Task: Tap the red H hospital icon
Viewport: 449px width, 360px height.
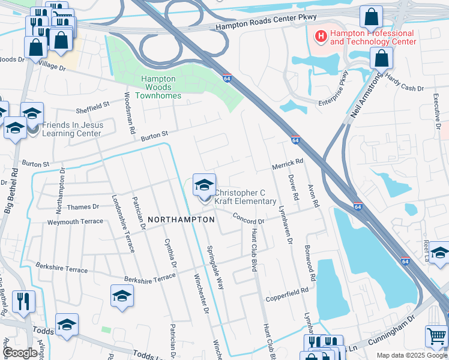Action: point(321,37)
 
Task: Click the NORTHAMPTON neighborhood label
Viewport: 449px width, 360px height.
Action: point(181,220)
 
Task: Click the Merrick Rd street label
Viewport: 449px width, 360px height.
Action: point(288,163)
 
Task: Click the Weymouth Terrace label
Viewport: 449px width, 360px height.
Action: point(75,221)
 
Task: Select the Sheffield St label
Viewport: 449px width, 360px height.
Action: point(93,106)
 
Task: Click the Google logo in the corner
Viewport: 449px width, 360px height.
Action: point(20,353)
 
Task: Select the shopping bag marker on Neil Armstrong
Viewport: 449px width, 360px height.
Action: point(381,58)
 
